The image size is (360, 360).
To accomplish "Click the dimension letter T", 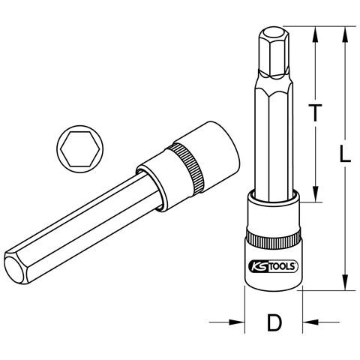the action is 315,112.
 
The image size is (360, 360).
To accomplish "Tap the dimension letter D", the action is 274,322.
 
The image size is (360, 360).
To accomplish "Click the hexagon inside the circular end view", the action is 80,149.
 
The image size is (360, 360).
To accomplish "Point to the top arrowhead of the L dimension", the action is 345,34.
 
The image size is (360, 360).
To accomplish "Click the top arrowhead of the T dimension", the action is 316,34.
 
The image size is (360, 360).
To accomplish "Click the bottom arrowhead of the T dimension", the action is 316,193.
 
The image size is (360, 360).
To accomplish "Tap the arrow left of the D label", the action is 226,322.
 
